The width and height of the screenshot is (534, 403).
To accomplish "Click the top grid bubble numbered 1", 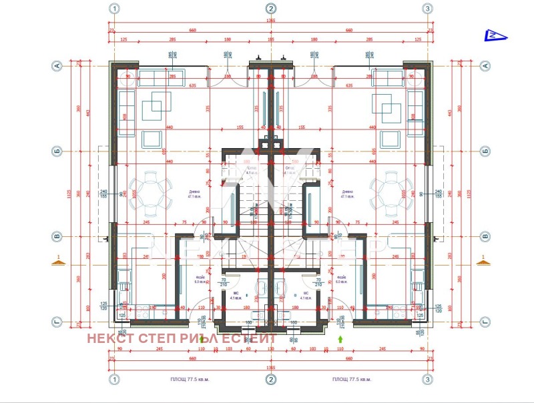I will click(x=115, y=9).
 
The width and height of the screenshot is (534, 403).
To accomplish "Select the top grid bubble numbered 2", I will click(x=270, y=9).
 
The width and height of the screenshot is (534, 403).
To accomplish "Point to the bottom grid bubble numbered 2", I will click(x=270, y=380).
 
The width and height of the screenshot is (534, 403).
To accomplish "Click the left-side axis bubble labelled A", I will click(x=57, y=65).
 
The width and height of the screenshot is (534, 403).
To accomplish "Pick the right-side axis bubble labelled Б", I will click(x=486, y=151).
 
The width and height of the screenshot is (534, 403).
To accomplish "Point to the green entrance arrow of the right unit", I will click(x=339, y=338).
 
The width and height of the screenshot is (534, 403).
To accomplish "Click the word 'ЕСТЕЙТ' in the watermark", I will click(x=252, y=338).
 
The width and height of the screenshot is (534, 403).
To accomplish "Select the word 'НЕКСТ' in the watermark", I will click(x=109, y=338).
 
